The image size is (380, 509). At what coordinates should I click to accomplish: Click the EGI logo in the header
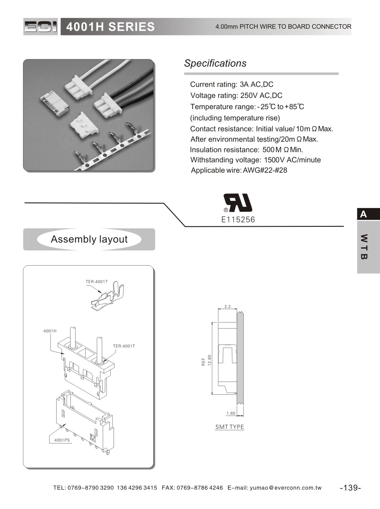(41, 27)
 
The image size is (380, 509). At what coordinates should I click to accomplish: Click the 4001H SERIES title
(110, 27)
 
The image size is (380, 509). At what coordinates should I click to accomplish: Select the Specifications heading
(215, 63)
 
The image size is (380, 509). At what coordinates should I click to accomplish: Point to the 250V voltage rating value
(249, 96)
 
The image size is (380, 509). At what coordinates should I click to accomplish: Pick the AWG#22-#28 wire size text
(265, 170)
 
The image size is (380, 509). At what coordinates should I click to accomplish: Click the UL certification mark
(238, 203)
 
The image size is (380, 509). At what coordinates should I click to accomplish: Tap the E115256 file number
(238, 220)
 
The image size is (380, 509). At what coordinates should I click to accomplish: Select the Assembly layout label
(89, 239)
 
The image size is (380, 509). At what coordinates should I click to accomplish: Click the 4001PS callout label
(62, 440)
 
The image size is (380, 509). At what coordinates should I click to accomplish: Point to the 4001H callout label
(50, 331)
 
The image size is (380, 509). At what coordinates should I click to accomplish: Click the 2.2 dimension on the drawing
(227, 306)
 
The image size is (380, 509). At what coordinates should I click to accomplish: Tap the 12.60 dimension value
(209, 360)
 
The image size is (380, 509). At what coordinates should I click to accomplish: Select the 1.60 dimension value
(231, 413)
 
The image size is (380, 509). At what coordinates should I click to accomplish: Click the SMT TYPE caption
(230, 427)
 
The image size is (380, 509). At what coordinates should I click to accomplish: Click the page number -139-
(350, 488)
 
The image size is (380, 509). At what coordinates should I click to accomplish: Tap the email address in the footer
(286, 488)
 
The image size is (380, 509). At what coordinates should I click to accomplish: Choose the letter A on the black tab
(363, 214)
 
